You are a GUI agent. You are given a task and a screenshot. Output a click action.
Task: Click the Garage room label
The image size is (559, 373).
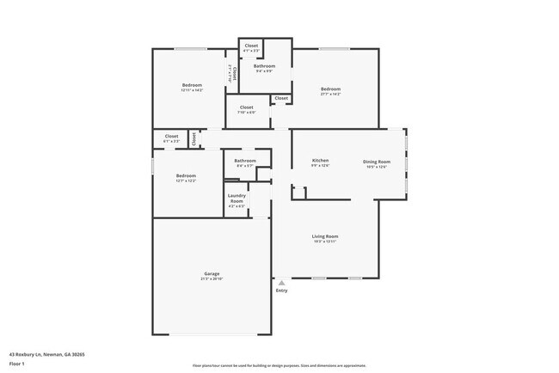(x=212, y=274)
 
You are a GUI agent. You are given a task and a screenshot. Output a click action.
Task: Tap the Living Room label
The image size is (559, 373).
(x=324, y=236)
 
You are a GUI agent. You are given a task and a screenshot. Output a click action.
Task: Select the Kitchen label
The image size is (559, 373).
(x=320, y=162)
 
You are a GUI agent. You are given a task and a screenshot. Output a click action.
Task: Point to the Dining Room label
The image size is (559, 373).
(x=376, y=162)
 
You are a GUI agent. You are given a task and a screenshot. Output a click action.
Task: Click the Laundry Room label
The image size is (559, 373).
(x=236, y=198)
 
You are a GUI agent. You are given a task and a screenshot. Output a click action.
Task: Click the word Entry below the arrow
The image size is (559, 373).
(x=281, y=290)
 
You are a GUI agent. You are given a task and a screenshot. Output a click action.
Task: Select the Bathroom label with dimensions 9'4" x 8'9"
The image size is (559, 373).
(x=264, y=66)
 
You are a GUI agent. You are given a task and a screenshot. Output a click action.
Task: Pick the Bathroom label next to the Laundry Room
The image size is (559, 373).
(x=245, y=161)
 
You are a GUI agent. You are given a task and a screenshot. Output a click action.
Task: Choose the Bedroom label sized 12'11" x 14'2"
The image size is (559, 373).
(x=192, y=85)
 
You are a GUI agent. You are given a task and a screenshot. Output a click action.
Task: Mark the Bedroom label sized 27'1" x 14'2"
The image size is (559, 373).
(x=331, y=89)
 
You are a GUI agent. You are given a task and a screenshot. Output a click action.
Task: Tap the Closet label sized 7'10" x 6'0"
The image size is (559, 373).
(x=246, y=107)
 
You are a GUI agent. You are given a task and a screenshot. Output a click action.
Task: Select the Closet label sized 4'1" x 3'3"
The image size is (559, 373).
(x=251, y=46)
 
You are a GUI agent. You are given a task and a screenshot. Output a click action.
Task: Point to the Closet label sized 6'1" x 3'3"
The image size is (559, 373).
(x=171, y=136)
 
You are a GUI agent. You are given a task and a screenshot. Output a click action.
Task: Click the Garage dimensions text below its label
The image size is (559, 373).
(x=212, y=279)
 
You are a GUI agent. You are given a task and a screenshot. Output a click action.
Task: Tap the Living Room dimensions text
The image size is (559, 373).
(x=324, y=242)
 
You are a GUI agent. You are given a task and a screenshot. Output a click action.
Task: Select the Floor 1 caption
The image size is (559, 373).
(x=17, y=364)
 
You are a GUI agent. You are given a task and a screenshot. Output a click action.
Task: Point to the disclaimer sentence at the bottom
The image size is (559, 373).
(x=279, y=364)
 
